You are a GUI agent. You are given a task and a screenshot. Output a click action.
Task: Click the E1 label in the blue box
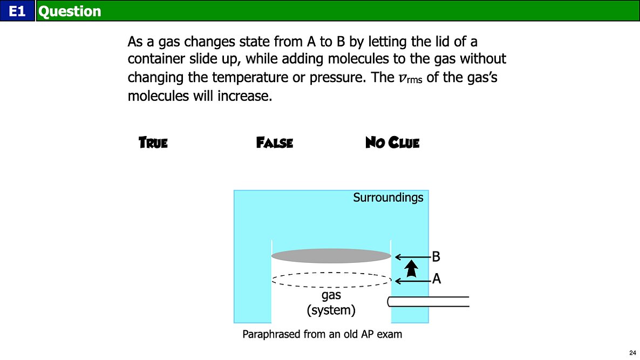pyautogui.click(x=17, y=11)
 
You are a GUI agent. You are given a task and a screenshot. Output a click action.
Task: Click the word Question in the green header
pyautogui.click(x=70, y=11)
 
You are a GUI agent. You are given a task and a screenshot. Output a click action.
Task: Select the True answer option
pyautogui.click(x=153, y=142)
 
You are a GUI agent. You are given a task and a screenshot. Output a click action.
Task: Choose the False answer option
pyautogui.click(x=275, y=142)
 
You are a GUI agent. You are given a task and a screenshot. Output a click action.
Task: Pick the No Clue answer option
pyautogui.click(x=392, y=142)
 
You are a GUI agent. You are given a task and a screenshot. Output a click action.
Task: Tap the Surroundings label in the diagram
pyautogui.click(x=388, y=198)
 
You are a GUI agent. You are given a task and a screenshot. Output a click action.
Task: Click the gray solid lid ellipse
pyautogui.click(x=331, y=256)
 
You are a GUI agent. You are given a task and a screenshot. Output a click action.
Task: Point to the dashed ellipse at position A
pyautogui.click(x=331, y=280)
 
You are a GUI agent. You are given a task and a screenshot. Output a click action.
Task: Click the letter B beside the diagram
pyautogui.click(x=436, y=257)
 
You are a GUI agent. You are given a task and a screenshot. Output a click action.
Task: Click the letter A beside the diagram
pyautogui.click(x=437, y=279)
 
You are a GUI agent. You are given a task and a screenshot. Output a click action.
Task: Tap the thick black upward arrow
pyautogui.click(x=411, y=269)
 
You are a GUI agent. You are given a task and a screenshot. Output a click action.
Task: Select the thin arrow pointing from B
pyautogui.click(x=413, y=257)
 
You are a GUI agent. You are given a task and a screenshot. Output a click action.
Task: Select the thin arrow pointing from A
pyautogui.click(x=413, y=281)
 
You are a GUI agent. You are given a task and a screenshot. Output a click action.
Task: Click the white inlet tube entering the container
pyautogui.click(x=428, y=302)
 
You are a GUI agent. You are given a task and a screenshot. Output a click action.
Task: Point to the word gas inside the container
pyautogui.click(x=331, y=295)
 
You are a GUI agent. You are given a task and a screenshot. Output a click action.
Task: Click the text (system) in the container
pyautogui.click(x=331, y=310)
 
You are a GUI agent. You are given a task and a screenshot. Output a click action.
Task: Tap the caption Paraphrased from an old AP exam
pyautogui.click(x=322, y=334)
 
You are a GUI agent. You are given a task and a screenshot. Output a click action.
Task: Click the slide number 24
pyautogui.click(x=632, y=352)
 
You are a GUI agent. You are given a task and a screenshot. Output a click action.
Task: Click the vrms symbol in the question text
pyautogui.click(x=410, y=78)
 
